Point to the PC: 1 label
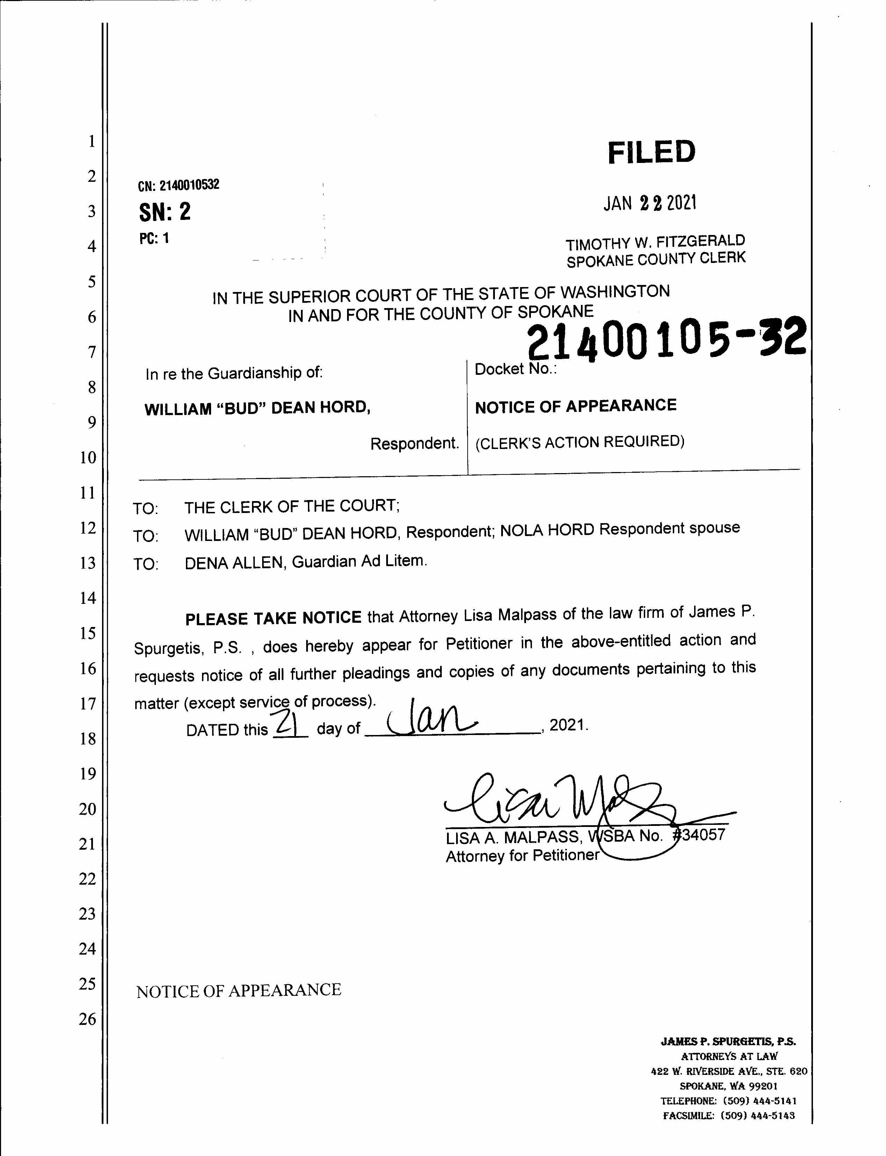point(154,238)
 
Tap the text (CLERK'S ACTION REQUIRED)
point(579,442)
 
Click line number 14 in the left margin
point(87,598)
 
